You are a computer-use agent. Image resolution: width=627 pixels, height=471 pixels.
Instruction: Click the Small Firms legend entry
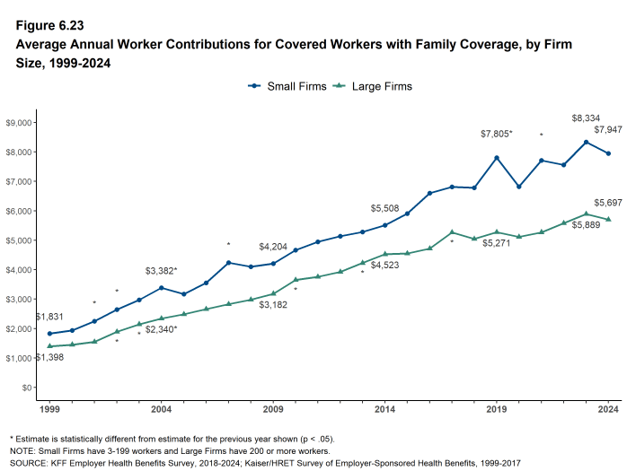(286, 86)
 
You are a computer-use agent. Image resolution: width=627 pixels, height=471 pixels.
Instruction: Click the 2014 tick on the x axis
(384, 410)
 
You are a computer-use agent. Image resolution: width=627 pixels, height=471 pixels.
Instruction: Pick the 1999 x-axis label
(49, 410)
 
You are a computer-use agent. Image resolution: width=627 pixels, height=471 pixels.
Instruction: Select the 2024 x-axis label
(608, 410)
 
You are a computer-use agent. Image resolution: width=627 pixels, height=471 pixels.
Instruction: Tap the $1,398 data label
(50, 358)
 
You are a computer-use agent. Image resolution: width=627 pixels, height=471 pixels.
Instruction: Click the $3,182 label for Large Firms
(273, 306)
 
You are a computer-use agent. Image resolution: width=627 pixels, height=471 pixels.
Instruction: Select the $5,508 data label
(384, 207)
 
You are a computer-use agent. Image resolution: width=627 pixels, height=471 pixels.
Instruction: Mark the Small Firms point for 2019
(497, 158)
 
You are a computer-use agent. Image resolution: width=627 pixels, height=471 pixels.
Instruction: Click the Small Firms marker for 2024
(608, 153)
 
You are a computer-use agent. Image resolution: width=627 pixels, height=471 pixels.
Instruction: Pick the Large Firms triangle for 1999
(49, 346)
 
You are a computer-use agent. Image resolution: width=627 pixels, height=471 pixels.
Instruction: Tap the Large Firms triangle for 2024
(608, 220)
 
